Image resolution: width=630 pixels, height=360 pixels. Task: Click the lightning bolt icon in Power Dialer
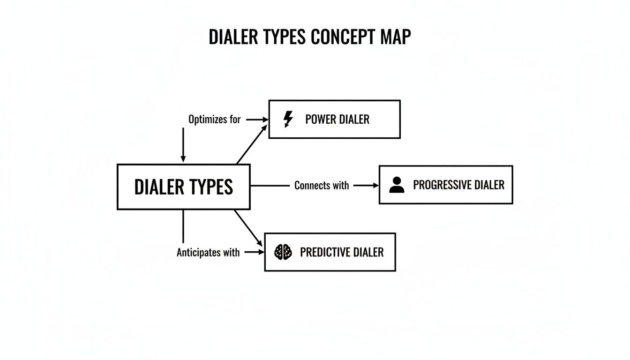pos(288,119)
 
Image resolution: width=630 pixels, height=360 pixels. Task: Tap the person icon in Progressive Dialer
pos(397,185)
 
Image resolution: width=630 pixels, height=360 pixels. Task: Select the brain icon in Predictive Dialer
pos(283,252)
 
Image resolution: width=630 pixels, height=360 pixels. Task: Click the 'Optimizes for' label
pos(214,120)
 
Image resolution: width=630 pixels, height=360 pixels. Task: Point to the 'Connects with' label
pos(322,186)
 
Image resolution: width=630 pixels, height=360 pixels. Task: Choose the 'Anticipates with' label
pos(208,253)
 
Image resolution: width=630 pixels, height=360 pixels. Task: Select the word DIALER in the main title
pos(233,37)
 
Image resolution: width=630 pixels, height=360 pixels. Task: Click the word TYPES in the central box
pos(211,187)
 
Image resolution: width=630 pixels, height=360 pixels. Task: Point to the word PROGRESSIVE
pos(442,185)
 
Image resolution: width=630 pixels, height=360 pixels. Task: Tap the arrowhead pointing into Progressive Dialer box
pos(375,186)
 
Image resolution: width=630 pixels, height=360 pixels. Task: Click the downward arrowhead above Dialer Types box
pos(183,159)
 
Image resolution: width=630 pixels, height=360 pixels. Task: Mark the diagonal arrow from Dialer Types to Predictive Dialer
pos(248,228)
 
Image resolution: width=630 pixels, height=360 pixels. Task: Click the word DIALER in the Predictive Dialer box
pos(367,253)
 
